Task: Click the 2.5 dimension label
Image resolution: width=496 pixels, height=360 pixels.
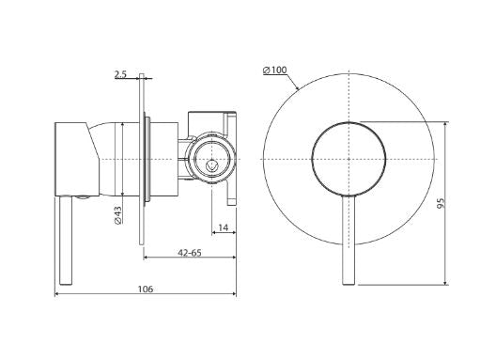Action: point(120,74)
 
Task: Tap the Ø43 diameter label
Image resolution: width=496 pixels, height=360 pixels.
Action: point(117,215)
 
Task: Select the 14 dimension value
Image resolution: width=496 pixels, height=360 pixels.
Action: point(223,227)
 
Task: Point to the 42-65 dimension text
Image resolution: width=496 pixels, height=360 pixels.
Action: point(190,253)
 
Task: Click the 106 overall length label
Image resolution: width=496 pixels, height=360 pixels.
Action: point(146,290)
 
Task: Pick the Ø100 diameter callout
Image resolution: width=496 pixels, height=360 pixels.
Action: point(274,70)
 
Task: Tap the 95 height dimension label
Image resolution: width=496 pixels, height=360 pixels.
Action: point(441,203)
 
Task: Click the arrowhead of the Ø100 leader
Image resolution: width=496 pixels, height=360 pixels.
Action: point(298,87)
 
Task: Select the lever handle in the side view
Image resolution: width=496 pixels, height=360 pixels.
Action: point(66,241)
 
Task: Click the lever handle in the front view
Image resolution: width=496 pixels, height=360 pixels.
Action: point(349,240)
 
